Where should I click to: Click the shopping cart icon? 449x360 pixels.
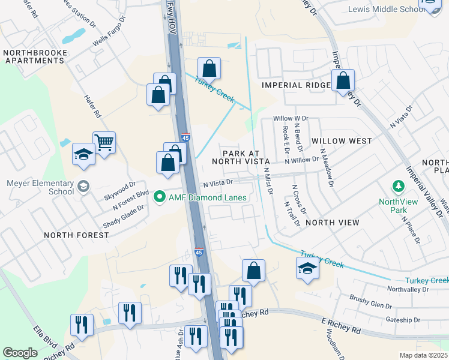coord(104,143)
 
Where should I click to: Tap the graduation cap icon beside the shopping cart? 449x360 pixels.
coord(83,154)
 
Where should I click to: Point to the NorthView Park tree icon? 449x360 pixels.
coord(396,187)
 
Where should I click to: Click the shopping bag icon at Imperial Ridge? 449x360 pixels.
coord(343,80)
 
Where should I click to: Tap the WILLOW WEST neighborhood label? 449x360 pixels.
coord(342,141)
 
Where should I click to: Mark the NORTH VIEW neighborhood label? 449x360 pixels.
coord(332,223)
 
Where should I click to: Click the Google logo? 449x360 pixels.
coord(20,352)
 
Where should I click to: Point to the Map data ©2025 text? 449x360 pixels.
coord(423,355)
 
